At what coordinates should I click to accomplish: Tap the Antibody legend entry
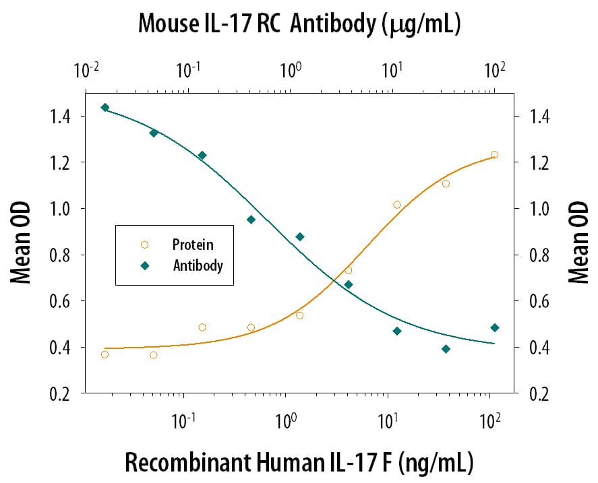tap(198, 265)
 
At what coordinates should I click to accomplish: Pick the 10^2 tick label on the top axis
tap(495, 70)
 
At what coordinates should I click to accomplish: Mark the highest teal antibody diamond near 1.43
tap(104, 107)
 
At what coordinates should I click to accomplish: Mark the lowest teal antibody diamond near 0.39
tap(446, 349)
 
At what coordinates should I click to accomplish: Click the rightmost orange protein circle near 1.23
tap(494, 154)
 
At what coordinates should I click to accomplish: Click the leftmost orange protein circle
tap(104, 354)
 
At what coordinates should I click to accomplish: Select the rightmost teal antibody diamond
tap(494, 327)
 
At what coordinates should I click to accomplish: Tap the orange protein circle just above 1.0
tap(396, 205)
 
